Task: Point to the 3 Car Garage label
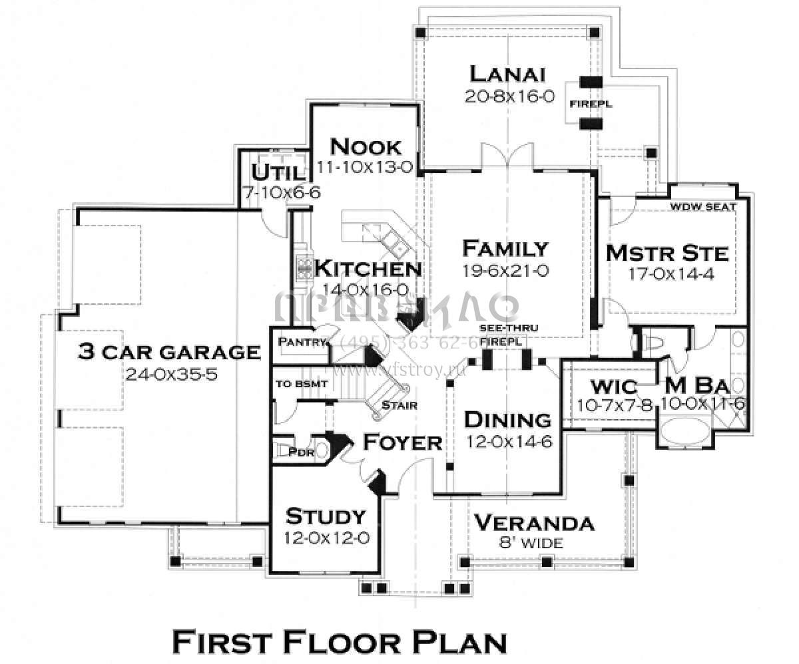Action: coord(169,351)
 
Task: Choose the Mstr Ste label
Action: coord(667,253)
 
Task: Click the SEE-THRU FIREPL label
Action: coord(508,335)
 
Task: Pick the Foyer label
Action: coord(402,442)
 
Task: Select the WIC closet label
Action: coord(613,387)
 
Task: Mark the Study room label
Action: coord(326,516)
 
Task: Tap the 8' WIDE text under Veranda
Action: coord(531,543)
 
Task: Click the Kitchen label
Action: coord(368,269)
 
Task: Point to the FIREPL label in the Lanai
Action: coord(590,104)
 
